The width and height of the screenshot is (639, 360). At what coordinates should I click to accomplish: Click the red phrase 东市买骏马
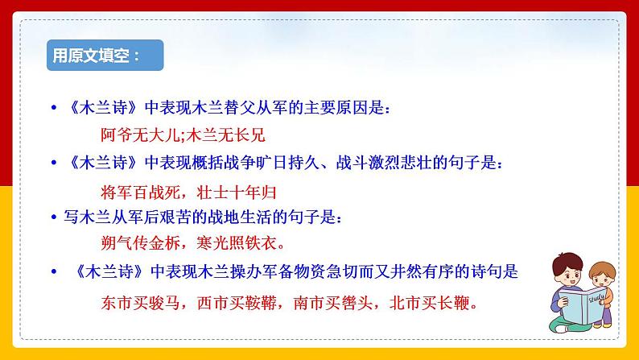pos(142,304)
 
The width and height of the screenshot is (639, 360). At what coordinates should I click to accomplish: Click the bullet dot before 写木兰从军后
pos(54,217)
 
